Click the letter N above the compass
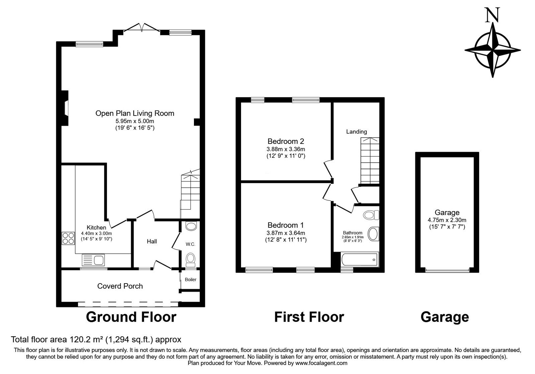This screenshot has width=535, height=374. tap(493, 15)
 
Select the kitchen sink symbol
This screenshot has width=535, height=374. tap(93, 260)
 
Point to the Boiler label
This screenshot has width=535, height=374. tap(191, 279)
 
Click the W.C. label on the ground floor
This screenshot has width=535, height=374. tap(190, 244)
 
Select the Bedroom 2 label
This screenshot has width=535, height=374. tap(286, 141)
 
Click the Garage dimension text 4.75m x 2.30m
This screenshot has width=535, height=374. tap(447, 220)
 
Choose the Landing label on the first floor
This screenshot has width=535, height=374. tap(356, 132)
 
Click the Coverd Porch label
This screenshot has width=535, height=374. tap(120, 286)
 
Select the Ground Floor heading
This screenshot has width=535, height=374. tap(131, 317)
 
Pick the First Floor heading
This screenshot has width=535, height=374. tap(309, 317)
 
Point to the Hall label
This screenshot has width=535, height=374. tap(152, 241)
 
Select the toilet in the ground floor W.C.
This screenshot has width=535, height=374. tap(191, 259)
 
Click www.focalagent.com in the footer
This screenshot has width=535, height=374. tap(321, 363)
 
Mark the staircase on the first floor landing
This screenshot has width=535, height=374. tap(370, 160)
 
